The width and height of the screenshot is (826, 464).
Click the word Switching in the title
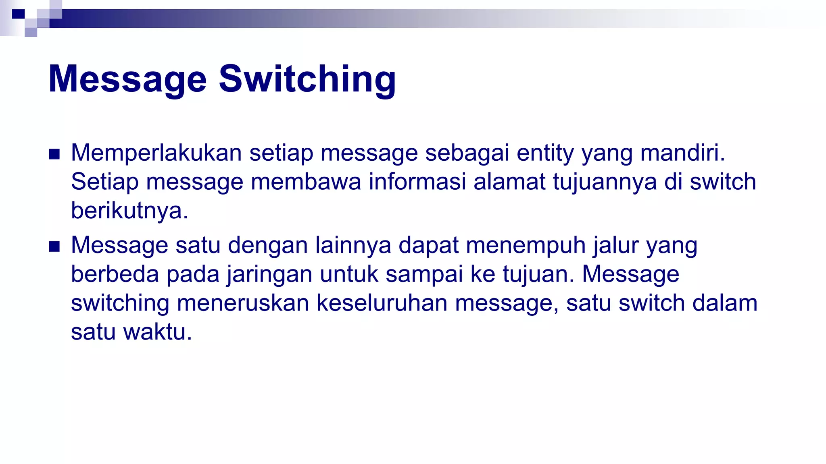(307, 79)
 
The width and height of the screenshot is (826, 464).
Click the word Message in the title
(127, 79)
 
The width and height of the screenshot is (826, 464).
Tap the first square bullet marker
(54, 154)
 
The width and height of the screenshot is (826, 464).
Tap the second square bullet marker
(54, 246)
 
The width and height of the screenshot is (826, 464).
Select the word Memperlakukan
(156, 153)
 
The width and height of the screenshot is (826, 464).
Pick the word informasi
(417, 182)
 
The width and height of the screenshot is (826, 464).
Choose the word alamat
(509, 182)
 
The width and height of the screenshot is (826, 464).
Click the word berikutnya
(129, 211)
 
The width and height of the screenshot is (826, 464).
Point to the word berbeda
(115, 274)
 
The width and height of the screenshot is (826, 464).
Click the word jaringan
(269, 275)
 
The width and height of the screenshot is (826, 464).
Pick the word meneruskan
(243, 303)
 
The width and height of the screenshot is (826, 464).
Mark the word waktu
(157, 332)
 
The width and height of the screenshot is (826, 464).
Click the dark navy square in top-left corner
(18, 14)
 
